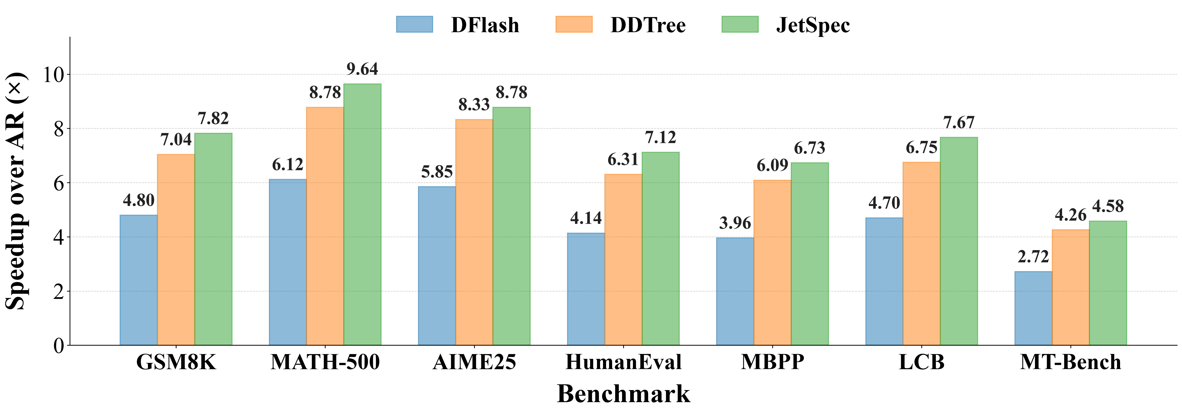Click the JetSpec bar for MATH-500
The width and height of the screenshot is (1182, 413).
362,214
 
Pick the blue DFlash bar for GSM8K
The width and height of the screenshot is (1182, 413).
139,280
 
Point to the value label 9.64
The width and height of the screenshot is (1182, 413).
362,69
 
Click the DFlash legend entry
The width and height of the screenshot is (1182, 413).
458,25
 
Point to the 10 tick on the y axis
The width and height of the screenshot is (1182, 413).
53,74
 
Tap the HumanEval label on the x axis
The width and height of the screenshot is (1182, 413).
623,362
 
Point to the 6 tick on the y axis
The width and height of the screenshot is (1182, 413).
59,183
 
